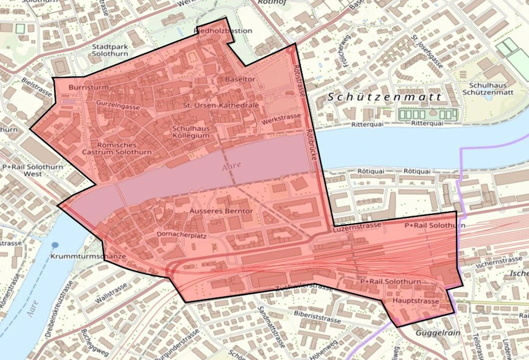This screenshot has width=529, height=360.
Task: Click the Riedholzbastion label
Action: [x=223, y=30]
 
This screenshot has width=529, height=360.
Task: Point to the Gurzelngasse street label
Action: [x=118, y=105]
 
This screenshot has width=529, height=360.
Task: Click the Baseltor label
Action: [x=240, y=79]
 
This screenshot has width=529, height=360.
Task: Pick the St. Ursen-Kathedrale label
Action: [x=221, y=105]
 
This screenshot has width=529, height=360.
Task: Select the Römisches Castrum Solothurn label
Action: [x=117, y=149]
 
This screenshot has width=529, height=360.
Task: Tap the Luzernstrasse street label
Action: [x=357, y=226]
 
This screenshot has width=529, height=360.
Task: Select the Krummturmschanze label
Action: [x=89, y=257]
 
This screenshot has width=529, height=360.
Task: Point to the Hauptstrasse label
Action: [x=416, y=301]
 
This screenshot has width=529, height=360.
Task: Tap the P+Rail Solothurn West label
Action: [x=33, y=170]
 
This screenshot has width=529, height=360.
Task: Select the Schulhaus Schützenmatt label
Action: [x=491, y=88]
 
